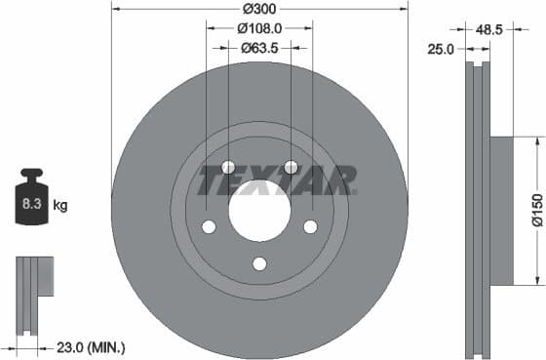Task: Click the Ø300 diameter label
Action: [x=258, y=8]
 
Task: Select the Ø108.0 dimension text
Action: [x=259, y=28]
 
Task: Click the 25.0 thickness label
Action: [x=441, y=49]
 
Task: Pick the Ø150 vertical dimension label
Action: [x=535, y=209]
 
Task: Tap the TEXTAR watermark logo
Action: [x=278, y=180]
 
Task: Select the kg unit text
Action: [x=60, y=205]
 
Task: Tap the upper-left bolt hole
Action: [x=228, y=167]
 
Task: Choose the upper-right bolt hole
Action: [x=290, y=167]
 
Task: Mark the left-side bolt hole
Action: [x=209, y=226]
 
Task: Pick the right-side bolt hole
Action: [x=310, y=226]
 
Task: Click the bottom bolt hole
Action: [x=259, y=263]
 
